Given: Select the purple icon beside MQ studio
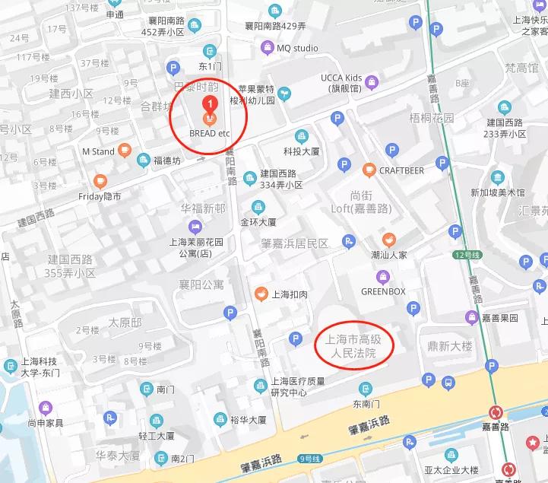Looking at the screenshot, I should pyautogui.click(x=266, y=48).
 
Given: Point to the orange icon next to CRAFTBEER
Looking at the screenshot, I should pyautogui.click(x=369, y=170).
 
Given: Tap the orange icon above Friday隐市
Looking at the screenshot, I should pyautogui.click(x=100, y=181).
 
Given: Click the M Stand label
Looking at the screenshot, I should pyautogui.click(x=98, y=151).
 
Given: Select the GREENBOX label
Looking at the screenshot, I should pyautogui.click(x=383, y=291).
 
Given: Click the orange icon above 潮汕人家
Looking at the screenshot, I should pyautogui.click(x=388, y=239).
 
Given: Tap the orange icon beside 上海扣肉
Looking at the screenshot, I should pyautogui.click(x=260, y=294).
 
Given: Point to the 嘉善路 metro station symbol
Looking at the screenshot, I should pyautogui.click(x=496, y=413).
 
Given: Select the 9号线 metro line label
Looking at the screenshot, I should pyautogui.click(x=310, y=457).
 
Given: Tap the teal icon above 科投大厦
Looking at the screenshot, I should pyautogui.click(x=302, y=135).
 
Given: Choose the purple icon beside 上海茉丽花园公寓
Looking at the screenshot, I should pyautogui.click(x=195, y=226).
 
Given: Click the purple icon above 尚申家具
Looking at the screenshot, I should pyautogui.click(x=46, y=407).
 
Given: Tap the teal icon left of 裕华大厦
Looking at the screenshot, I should pyautogui.click(x=220, y=419).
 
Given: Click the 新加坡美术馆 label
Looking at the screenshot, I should pyautogui.click(x=497, y=192).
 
